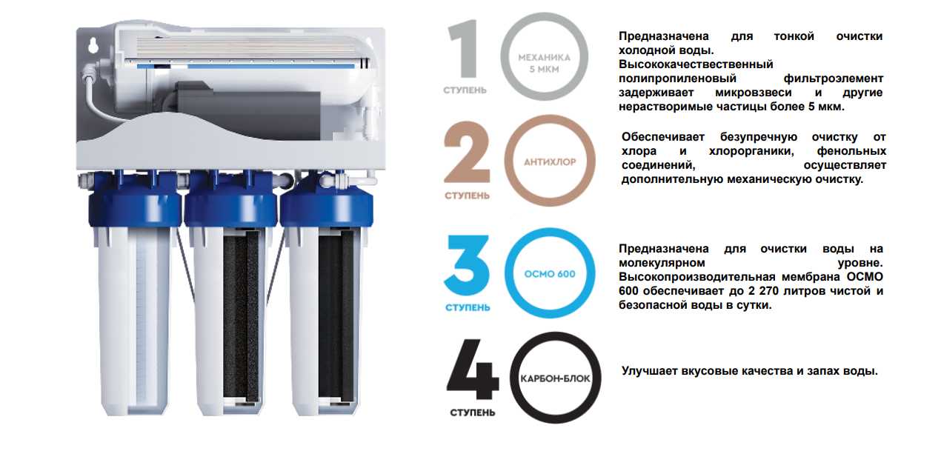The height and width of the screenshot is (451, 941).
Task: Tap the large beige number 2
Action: click(x=467, y=154)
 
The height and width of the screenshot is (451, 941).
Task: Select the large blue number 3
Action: click(x=467, y=264)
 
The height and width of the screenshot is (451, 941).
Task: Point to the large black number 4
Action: click(x=473, y=370)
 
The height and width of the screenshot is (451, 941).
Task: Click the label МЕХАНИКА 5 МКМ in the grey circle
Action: click(x=544, y=63)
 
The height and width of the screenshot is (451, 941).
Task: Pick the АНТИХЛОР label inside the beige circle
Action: click(x=550, y=161)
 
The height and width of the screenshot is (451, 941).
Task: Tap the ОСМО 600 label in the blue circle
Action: click(x=550, y=274)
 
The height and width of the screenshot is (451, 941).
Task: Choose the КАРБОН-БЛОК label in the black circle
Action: click(x=556, y=378)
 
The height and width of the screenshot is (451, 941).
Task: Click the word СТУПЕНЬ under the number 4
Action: click(x=473, y=412)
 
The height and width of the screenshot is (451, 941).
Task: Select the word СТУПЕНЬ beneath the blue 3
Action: click(x=468, y=308)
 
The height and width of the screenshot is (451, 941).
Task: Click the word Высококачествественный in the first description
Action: click(x=696, y=64)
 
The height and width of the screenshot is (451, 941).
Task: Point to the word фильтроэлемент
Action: click(x=834, y=78)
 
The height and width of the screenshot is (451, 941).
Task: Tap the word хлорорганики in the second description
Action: click(x=751, y=151)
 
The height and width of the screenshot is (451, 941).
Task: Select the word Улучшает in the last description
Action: click(x=649, y=371)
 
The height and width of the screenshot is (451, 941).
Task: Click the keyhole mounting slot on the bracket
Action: click(x=93, y=45)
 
